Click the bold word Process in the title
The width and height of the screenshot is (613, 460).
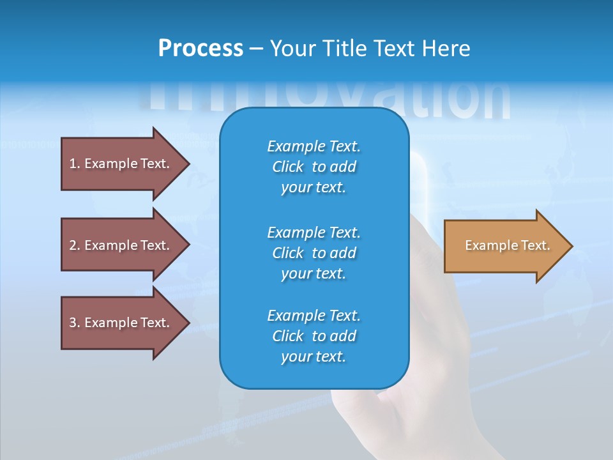pyautogui.click(x=201, y=48)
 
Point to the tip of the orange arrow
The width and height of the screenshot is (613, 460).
pyautogui.click(x=570, y=246)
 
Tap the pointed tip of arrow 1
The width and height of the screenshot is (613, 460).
pyautogui.click(x=187, y=164)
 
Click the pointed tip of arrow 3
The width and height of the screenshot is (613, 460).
pyautogui.click(x=187, y=323)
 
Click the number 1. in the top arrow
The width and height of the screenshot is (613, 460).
pyautogui.click(x=74, y=164)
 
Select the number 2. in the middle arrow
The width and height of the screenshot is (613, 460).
pyautogui.click(x=74, y=245)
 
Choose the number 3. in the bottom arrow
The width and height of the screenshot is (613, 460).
pyautogui.click(x=74, y=323)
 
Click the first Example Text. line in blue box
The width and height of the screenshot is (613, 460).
pyautogui.click(x=314, y=146)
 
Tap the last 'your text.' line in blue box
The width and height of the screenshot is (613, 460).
pyautogui.click(x=314, y=356)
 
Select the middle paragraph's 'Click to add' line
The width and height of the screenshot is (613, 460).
pyautogui.click(x=314, y=253)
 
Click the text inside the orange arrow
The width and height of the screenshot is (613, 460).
pyautogui.click(x=508, y=245)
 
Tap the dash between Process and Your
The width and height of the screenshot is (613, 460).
pyautogui.click(x=256, y=49)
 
